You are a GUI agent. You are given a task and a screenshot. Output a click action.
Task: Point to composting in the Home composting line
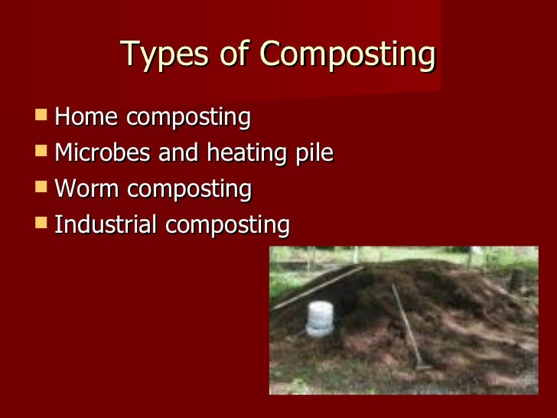[188, 119]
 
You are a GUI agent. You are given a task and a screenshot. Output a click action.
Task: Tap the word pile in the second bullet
[314, 154]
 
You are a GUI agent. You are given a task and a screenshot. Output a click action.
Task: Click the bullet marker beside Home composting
[41, 117]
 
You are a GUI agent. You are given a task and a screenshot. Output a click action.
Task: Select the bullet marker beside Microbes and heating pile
[41, 152]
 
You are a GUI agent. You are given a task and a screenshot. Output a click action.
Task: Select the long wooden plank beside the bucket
[318, 288]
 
